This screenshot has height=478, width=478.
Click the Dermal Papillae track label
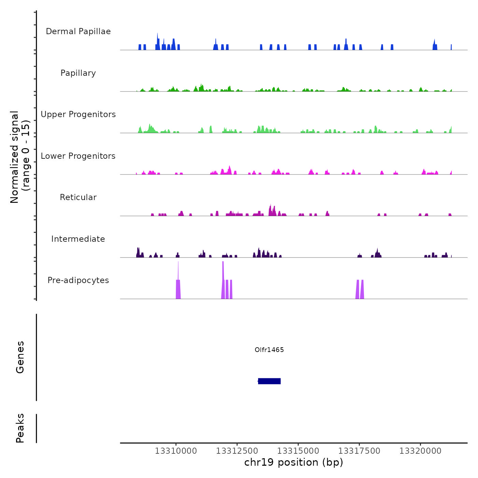pos(78,31)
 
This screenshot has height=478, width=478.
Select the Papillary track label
pos(78,73)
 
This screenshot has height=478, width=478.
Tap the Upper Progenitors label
pos(78,114)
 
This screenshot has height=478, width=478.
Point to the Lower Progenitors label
pos(78,156)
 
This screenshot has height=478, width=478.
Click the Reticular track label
pos(78,197)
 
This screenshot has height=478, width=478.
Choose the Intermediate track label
pos(78,239)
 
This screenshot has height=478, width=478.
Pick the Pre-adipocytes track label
pos(78,280)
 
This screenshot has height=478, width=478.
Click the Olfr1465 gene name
pos(269,350)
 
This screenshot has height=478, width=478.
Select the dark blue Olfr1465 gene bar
pos(269,381)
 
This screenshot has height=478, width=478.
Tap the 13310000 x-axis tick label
pos(176,451)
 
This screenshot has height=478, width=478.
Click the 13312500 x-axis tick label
pos(237,451)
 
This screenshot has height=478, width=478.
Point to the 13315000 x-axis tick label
pos(298,451)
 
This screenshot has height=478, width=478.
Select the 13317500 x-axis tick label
pos(359,451)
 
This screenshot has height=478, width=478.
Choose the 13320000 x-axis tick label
pos(420,451)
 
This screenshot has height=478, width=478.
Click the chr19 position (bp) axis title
pos(294,462)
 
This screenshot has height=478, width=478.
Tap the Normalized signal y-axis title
pos(20,157)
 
